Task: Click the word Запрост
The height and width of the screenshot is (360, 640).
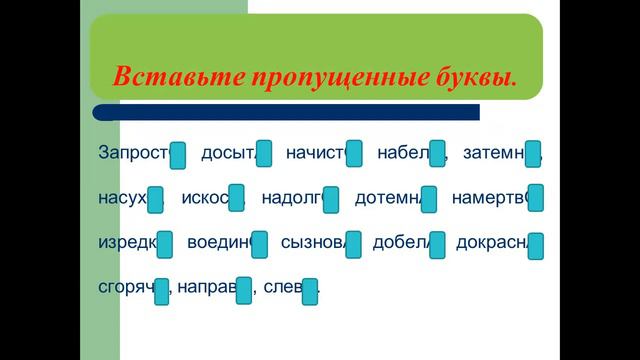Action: pos(134,153)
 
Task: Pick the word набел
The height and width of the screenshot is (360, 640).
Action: pos(403,153)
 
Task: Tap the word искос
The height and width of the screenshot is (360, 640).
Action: pos(206,197)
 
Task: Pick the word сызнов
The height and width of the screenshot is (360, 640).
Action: pos(313,242)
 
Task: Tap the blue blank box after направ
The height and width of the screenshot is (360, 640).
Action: pos(244,290)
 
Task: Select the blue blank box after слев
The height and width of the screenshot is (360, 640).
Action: pos(310,290)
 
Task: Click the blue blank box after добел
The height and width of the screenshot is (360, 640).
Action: pos(438,244)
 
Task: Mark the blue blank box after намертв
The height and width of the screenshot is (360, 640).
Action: pos(536,199)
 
